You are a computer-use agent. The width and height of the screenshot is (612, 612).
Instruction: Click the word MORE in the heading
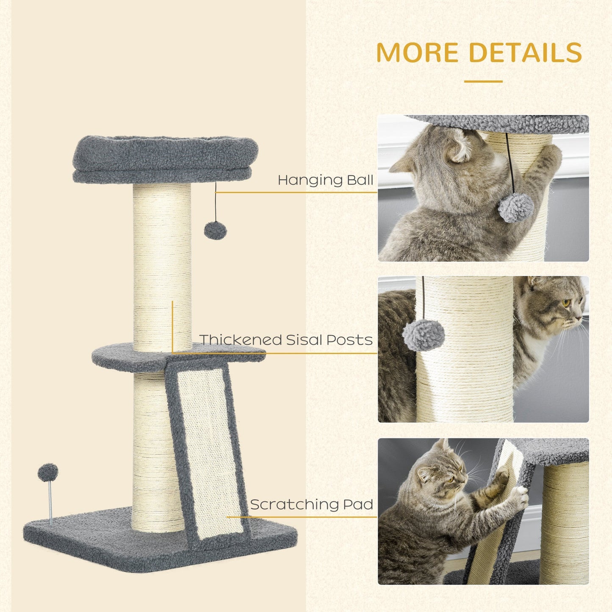[x=417, y=53]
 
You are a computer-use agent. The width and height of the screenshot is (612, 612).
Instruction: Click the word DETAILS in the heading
[x=525, y=53]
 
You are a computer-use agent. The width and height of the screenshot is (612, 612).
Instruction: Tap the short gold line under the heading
[x=483, y=81]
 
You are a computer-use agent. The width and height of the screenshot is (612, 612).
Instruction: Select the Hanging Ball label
[x=325, y=180]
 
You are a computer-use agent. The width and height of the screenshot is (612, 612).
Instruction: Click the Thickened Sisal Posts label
[x=286, y=340]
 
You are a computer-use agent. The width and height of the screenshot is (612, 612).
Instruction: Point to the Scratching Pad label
[x=311, y=504]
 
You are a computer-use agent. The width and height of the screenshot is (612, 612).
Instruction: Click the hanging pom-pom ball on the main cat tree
[x=215, y=230]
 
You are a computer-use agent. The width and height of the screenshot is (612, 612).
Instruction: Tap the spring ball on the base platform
[x=48, y=472]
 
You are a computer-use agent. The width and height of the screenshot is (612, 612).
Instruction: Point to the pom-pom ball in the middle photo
[x=424, y=335]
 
